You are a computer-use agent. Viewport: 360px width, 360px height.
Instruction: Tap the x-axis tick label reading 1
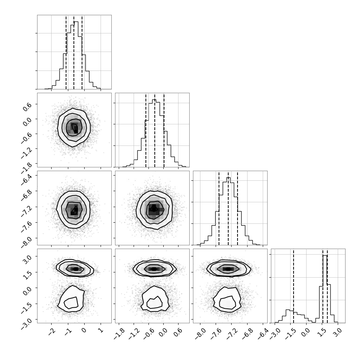pyautogui.click(x=101, y=331)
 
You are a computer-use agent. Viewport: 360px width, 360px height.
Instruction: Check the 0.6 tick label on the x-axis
pyautogui.click(x=179, y=332)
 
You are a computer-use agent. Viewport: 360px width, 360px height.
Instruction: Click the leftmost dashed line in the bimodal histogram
pyautogui.click(x=294, y=286)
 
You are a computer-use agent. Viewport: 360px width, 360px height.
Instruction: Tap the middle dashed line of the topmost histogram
pyautogui.click(x=74, y=52)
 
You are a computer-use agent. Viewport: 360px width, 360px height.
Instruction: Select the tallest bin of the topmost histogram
pyautogui.click(x=76, y=55)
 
